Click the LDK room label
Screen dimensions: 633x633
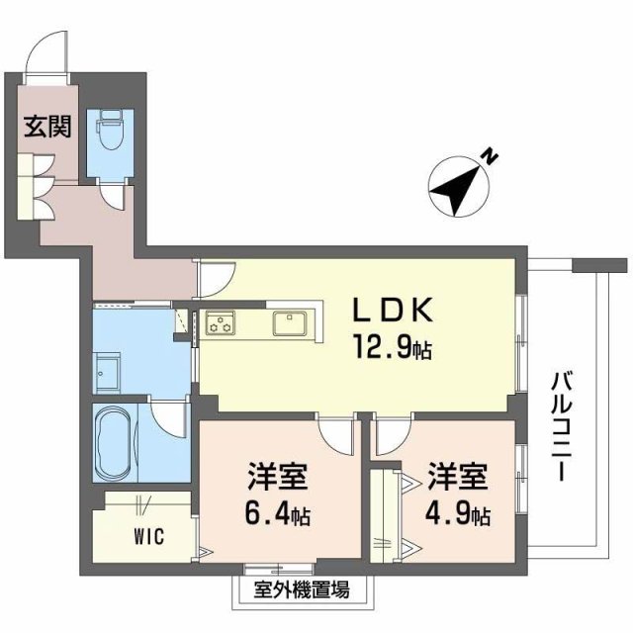click(393, 311)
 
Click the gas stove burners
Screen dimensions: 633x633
click(220, 322)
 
